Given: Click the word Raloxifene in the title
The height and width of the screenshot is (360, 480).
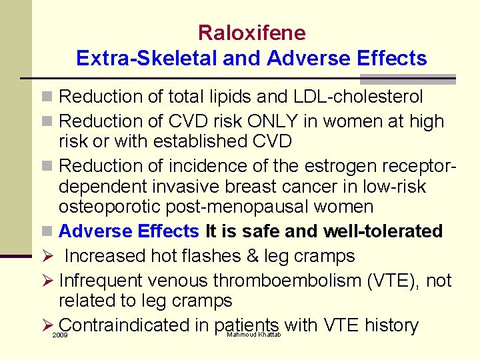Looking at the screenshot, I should pos(251,33).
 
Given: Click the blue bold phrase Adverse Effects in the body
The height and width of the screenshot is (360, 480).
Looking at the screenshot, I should pos(129,231).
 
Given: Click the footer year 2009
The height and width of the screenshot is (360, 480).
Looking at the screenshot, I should pos(60,335).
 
